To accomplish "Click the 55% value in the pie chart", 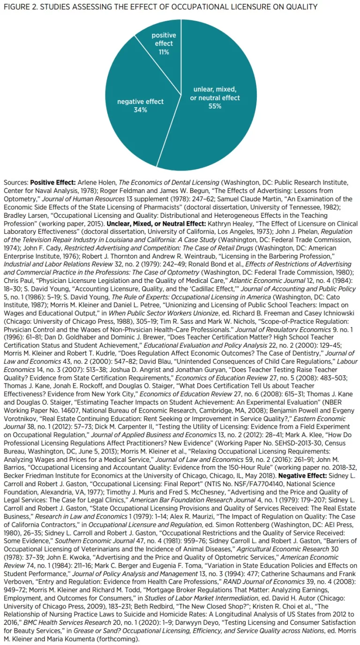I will click(215, 106).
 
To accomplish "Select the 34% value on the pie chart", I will click(140, 110).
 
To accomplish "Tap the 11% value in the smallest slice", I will click(164, 52).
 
